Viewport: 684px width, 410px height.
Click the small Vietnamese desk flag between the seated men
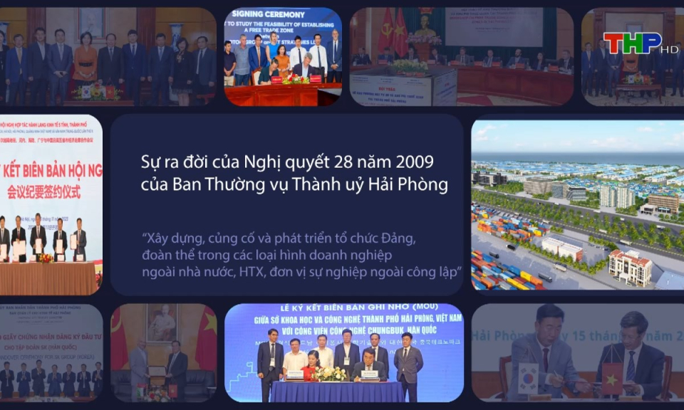click(611, 377)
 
